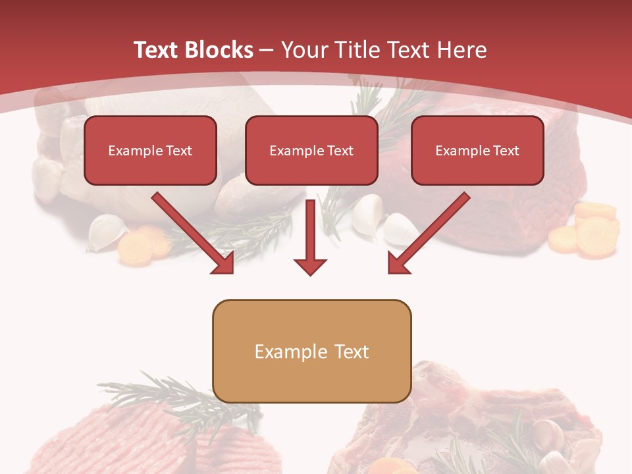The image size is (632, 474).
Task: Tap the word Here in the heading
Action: point(461,50)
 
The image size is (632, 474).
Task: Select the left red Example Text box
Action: point(150,150)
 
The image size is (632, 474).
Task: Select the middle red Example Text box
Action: point(311,150)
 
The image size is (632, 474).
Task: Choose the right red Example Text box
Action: point(477,150)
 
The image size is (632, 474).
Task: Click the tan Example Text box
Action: point(311,351)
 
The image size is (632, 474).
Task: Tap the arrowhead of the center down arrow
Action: point(310,266)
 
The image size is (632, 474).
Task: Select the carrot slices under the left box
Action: point(142,244)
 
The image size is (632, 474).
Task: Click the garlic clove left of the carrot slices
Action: point(105,234)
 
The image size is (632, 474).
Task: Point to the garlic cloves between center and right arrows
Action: point(382,221)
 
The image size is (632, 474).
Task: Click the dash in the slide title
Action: point(267,50)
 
